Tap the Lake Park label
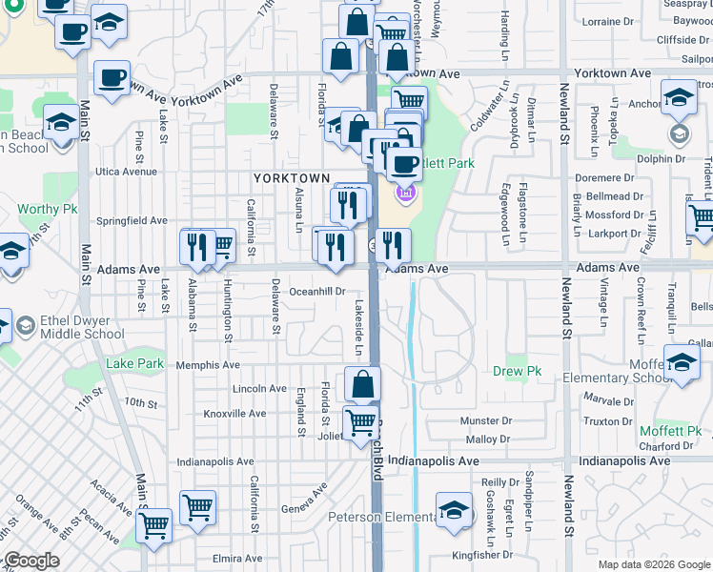[132, 363]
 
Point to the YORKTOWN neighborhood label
[291, 178]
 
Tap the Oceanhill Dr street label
[316, 292]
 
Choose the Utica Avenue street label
[126, 172]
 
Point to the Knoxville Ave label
[235, 414]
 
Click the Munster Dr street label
[485, 420]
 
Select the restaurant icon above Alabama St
[197, 246]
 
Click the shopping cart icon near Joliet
[360, 420]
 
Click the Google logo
[31, 562]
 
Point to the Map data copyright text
[653, 564]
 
